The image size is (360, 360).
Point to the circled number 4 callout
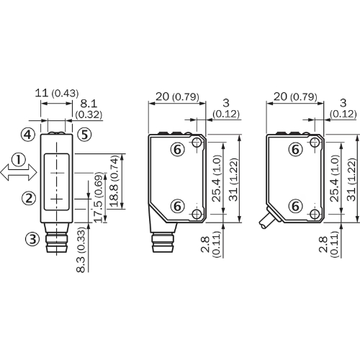27,135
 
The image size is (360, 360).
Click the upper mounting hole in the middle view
197,143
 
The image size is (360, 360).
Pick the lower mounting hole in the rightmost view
314,214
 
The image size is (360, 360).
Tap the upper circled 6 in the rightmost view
294,149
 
